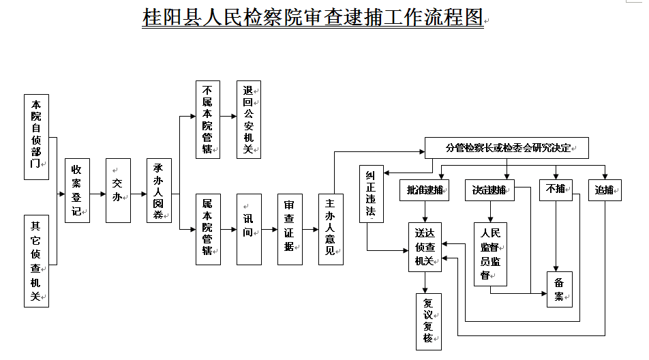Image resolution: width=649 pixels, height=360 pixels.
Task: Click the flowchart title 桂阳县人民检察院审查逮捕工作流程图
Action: [313, 17]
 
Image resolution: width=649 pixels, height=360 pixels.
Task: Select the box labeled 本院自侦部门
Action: [36, 137]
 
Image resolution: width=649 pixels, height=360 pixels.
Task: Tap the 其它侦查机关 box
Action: [36, 261]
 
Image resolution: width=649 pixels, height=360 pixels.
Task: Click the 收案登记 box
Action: [78, 191]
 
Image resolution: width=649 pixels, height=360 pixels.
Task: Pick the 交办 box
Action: [119, 191]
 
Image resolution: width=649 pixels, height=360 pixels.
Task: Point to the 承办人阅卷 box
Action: [159, 191]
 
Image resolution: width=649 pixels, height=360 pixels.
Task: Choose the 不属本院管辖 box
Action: [208, 119]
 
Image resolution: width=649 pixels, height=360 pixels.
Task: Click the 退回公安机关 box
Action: [249, 119]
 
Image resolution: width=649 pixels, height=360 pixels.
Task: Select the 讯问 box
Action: [250, 230]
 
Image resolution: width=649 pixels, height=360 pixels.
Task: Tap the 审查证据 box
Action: [290, 230]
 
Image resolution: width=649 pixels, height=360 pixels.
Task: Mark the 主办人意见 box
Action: [331, 230]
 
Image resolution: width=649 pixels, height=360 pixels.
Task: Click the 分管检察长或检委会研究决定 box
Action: [507, 148]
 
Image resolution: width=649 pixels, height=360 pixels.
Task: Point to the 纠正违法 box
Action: [372, 194]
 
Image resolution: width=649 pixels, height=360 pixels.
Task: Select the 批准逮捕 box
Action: [424, 190]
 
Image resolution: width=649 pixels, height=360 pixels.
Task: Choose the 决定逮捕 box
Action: [489, 190]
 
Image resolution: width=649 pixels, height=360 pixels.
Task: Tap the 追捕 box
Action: [605, 190]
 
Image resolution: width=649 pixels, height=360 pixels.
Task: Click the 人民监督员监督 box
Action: [490, 254]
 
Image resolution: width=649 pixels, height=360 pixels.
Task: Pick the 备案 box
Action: [560, 290]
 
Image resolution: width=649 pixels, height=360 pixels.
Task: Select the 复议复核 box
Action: [429, 322]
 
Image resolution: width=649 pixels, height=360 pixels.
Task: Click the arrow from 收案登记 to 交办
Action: [97, 194]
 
